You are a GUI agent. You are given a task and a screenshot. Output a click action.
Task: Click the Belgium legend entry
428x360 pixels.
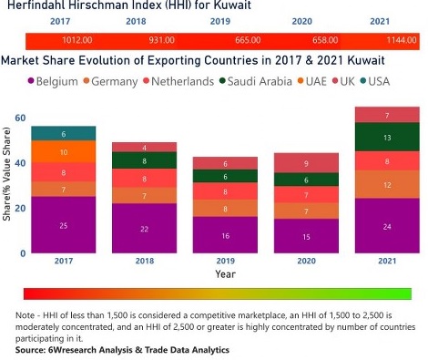52,82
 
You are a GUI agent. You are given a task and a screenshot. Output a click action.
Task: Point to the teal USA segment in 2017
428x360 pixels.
63,133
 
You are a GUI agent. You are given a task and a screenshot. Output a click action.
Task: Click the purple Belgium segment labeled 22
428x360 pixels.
143,228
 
